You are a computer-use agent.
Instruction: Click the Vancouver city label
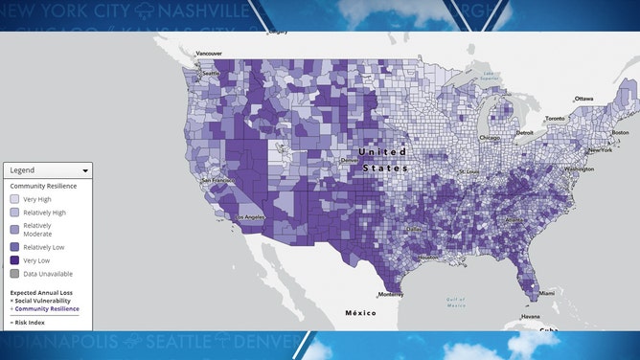[x=209, y=53]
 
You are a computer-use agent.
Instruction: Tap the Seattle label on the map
[x=209, y=72]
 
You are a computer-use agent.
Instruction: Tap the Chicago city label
[x=490, y=137]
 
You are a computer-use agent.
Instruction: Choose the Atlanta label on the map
[x=514, y=219]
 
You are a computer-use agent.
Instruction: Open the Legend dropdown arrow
[x=86, y=170]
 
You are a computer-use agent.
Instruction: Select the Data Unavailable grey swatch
[x=14, y=274]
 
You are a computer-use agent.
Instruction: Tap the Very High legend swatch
[x=14, y=198]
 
